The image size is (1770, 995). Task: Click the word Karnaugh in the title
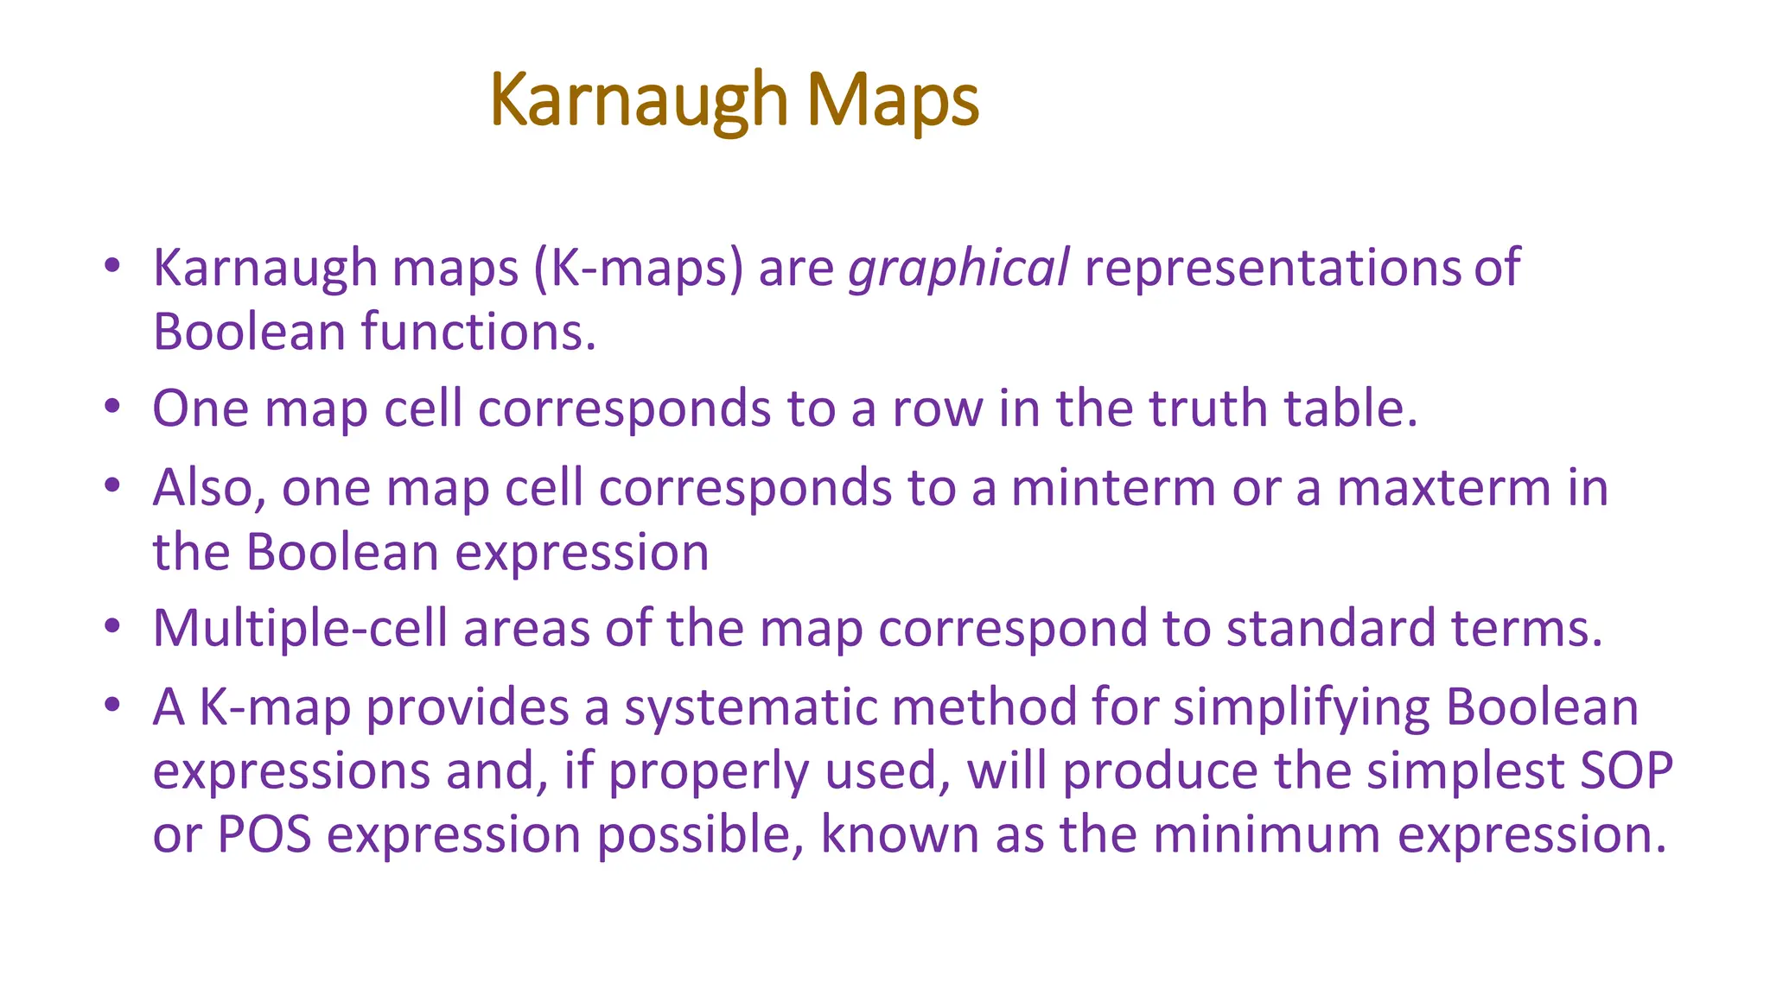point(638,100)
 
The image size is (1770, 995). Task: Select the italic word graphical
point(958,269)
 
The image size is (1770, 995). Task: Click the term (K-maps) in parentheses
point(638,269)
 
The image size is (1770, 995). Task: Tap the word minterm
point(1113,488)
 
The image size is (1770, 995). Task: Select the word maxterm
point(1444,488)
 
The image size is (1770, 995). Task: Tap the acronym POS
point(264,835)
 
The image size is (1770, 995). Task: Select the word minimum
point(1266,835)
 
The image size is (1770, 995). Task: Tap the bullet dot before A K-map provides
point(111,705)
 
